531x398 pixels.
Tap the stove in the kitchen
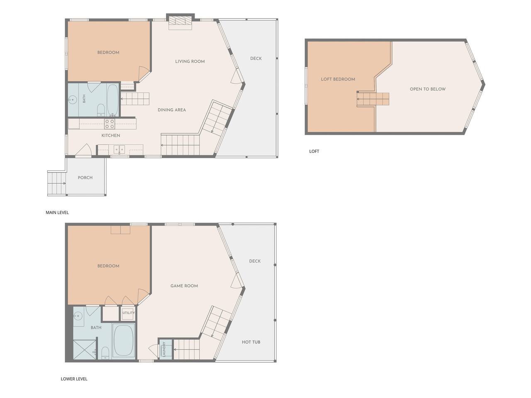coord(110,124)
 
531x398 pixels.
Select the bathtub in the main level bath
coord(112,100)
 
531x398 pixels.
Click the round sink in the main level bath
coord(72,99)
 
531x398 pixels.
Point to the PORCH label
coord(85,177)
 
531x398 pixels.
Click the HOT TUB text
coord(251,342)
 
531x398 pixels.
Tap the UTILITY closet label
coord(129,313)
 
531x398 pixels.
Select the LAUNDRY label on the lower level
coord(164,349)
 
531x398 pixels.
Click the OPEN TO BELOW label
coord(427,89)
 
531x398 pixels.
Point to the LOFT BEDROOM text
coord(338,79)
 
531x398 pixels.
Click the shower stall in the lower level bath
coord(85,349)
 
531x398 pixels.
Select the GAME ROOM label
coord(184,286)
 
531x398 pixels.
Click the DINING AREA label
coord(172,110)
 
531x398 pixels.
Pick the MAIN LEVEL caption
coord(57,212)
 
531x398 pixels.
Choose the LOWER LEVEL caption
coord(74,379)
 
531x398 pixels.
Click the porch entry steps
coord(56,183)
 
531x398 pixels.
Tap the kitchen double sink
coord(119,149)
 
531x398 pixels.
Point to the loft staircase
coord(373,99)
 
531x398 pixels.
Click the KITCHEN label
coord(111,136)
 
